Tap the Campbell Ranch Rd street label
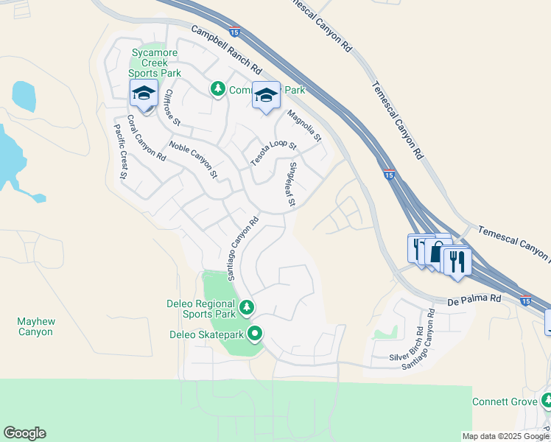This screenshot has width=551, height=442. tap(227, 49)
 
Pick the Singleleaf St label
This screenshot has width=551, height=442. tap(292, 184)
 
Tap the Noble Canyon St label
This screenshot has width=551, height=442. tap(193, 160)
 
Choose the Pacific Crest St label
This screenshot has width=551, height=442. tap(121, 152)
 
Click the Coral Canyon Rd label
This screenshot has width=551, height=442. tap(146, 138)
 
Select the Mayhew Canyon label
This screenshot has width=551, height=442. tap(35, 326)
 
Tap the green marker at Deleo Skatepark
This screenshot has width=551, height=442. tap(255, 334)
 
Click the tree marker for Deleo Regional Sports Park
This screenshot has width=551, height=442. tap(247, 306)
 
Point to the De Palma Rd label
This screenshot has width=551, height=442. tap(474, 300)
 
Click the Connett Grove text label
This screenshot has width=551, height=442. tap(503, 401)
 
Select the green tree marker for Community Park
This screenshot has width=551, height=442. tap(217, 89)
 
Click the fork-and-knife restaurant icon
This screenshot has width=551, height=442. tap(457, 260)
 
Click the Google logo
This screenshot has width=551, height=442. tap(24, 433)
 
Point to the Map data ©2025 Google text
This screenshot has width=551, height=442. tap(506, 436)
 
